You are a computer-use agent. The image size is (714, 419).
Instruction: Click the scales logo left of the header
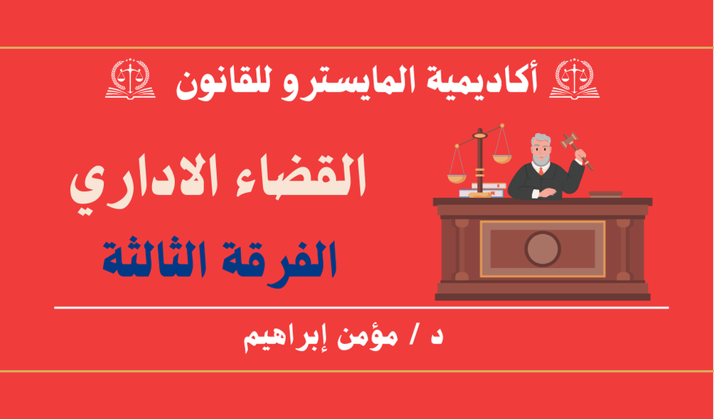click(130, 78)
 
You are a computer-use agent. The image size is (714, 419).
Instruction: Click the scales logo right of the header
click(574, 78)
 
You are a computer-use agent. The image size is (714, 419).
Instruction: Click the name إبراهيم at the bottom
click(284, 340)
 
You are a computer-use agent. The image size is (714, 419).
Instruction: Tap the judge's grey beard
click(541, 158)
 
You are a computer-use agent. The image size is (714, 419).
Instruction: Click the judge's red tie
click(541, 170)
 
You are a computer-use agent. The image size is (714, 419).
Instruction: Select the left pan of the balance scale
click(457, 178)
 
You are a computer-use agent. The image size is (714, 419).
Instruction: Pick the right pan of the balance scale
click(502, 159)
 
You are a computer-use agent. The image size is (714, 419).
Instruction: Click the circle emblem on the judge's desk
click(543, 249)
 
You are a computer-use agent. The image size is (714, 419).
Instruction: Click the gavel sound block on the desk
click(605, 195)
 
